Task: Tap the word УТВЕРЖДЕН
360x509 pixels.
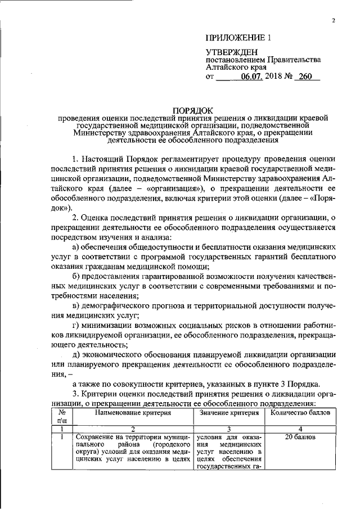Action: pos(231,52)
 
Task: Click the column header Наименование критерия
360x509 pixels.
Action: pos(132,413)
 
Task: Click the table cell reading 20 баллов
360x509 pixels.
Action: pos(296,437)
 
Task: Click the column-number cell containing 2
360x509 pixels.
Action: pos(132,429)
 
